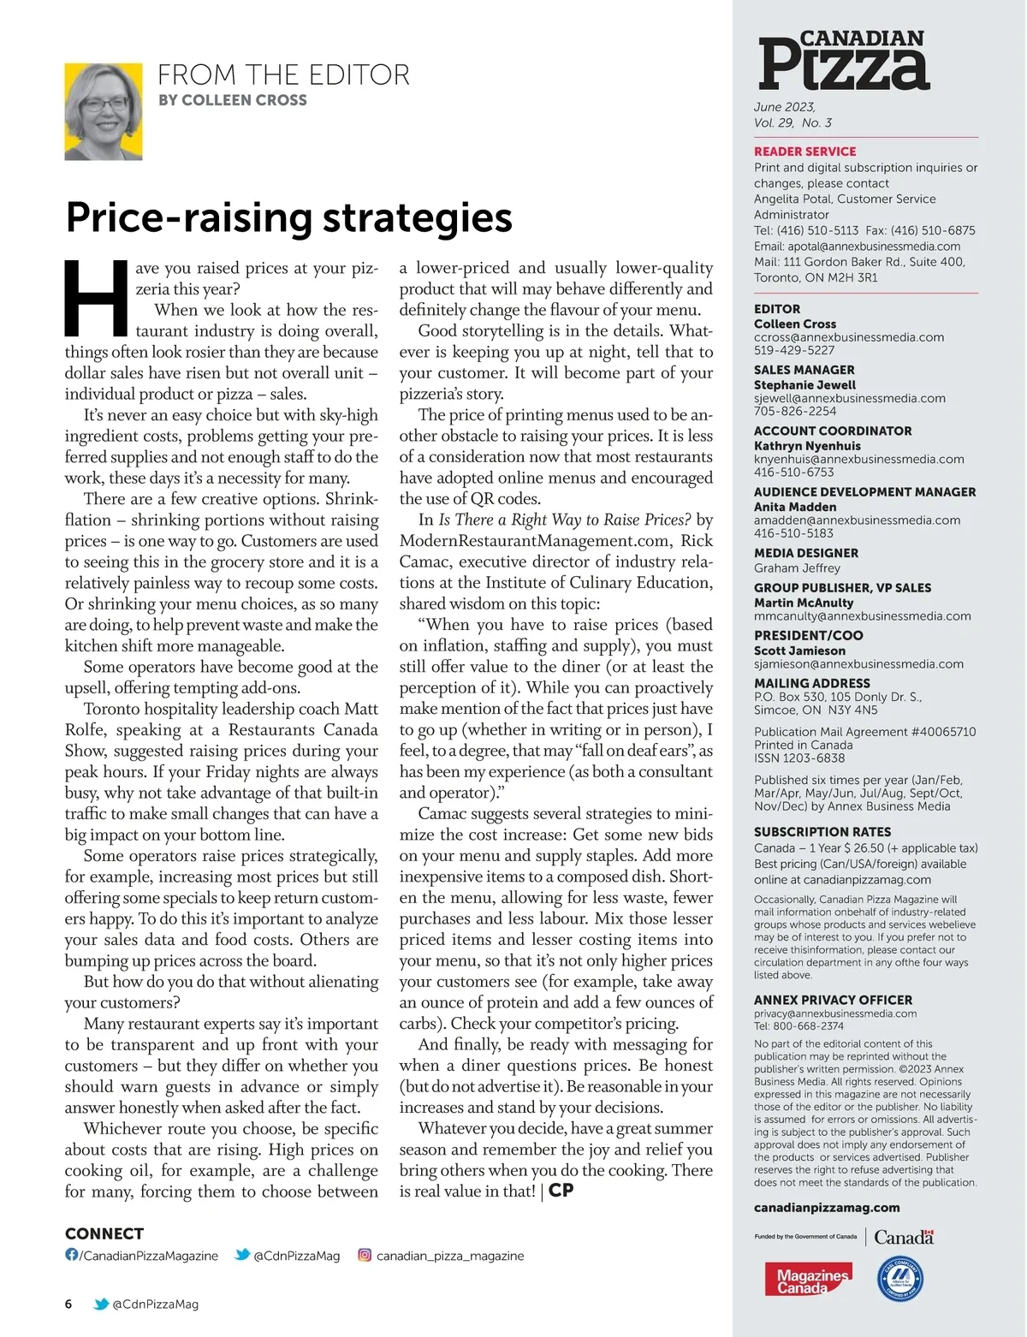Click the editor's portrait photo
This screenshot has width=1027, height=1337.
point(104,111)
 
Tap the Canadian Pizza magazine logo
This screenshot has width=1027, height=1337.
point(843,61)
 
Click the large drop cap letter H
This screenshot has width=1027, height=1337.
point(97,298)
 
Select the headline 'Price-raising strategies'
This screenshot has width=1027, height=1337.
point(289,217)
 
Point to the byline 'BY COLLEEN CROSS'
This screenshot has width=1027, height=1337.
point(232,100)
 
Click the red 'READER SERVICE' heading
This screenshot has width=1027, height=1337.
point(804,152)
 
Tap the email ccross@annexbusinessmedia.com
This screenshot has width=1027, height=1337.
point(848,337)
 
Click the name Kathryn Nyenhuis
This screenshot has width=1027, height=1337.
point(807,446)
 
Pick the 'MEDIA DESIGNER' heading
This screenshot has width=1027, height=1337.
point(805,553)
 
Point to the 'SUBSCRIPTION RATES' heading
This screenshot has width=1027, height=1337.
point(822,832)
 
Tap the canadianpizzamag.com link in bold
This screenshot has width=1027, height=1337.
point(826,1208)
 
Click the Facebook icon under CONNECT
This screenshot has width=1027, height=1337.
point(72,1255)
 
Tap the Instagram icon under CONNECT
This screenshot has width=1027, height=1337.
point(365,1255)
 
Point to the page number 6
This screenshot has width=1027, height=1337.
point(68,1304)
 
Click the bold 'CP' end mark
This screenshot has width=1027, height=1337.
point(561,1191)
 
